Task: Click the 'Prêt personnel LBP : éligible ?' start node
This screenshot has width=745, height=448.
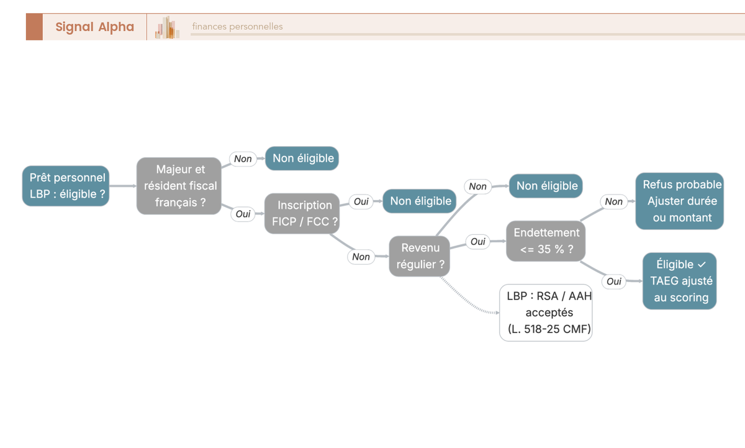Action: tap(66, 186)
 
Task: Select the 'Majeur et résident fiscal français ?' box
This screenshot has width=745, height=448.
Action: tap(179, 186)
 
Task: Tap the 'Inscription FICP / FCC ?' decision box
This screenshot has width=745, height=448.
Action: tap(302, 213)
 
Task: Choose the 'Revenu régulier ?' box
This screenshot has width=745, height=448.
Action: tap(420, 256)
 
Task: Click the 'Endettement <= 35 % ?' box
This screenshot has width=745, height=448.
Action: tap(546, 240)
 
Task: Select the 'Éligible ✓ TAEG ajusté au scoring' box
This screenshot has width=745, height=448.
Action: tap(679, 281)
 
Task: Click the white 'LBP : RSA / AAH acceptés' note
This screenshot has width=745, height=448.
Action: tap(546, 313)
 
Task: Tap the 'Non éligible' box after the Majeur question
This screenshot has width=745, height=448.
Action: tap(302, 158)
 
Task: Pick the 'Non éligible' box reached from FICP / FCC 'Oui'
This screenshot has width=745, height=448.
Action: tap(420, 201)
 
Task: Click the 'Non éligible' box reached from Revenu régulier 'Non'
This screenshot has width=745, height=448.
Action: tap(546, 186)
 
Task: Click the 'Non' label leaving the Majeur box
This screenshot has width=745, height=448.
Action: tap(243, 159)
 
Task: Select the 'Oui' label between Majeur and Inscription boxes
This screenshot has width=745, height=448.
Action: tap(243, 214)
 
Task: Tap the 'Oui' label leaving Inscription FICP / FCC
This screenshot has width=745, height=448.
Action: tap(361, 201)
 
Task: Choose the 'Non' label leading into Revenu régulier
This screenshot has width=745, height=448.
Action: tap(361, 257)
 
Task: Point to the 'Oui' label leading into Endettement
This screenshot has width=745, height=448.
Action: tap(478, 241)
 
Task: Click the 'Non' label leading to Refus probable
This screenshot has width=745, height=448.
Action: tap(613, 201)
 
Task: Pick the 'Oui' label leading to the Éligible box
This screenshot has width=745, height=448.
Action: tap(614, 281)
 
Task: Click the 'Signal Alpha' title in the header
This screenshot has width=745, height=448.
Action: tap(95, 27)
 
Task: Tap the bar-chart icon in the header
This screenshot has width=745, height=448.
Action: tap(167, 27)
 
